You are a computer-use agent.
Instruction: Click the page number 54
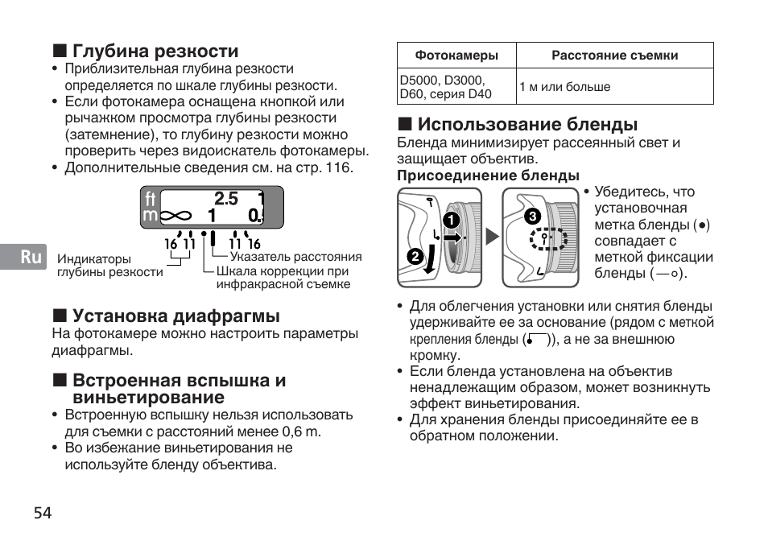43,513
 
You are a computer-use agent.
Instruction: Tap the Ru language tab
31,257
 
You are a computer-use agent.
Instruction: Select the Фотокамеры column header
456,56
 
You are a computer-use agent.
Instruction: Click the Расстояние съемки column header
614,56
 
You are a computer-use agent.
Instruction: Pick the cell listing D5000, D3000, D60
445,87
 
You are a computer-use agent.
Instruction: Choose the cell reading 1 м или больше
564,87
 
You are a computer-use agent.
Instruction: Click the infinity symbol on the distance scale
177,216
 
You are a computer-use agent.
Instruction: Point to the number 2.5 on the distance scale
226,198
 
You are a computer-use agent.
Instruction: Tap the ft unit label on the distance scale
150,198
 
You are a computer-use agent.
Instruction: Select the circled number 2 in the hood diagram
415,257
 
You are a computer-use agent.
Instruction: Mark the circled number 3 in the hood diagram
531,217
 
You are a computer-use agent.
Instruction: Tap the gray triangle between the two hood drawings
491,237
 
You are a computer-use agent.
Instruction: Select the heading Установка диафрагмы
176,316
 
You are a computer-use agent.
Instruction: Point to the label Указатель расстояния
295,257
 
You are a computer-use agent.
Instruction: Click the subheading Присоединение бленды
488,175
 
